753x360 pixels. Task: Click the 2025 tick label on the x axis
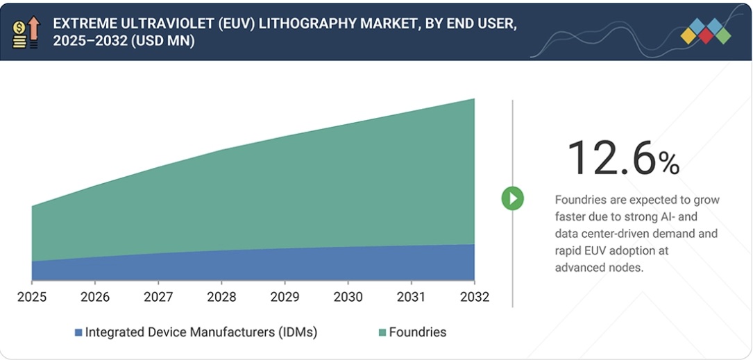pyautogui.click(x=32, y=297)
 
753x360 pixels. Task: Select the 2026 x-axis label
pyautogui.click(x=95, y=297)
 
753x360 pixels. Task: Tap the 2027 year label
pyautogui.click(x=158, y=297)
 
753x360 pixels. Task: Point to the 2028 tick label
pyautogui.click(x=221, y=297)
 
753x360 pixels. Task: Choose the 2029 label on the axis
pyautogui.click(x=285, y=297)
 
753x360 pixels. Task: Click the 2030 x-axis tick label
pyautogui.click(x=348, y=297)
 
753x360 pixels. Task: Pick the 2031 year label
pyautogui.click(x=411, y=297)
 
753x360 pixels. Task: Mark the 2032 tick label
pyautogui.click(x=474, y=297)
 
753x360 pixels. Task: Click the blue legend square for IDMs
pyautogui.click(x=78, y=332)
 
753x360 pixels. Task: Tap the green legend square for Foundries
pyautogui.click(x=382, y=332)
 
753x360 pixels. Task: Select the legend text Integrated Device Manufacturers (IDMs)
pyautogui.click(x=201, y=332)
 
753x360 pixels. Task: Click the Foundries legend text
pyautogui.click(x=417, y=332)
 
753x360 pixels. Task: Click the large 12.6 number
pyautogui.click(x=611, y=157)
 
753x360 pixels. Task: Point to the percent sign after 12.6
pyautogui.click(x=669, y=164)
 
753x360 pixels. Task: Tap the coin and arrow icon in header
pyautogui.click(x=26, y=32)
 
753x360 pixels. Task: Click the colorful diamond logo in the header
pyautogui.click(x=705, y=31)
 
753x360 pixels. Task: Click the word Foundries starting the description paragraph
pyautogui.click(x=582, y=200)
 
